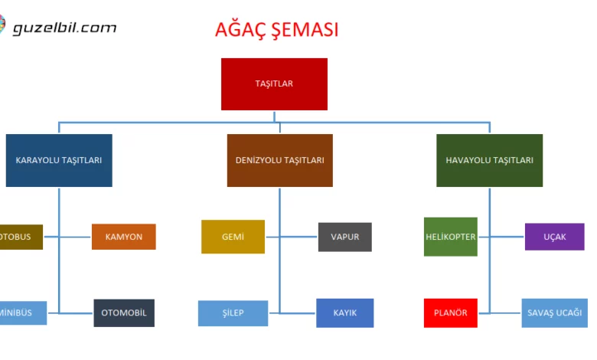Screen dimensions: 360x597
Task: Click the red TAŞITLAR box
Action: click(274, 84)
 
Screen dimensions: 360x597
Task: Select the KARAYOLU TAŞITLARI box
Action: click(59, 160)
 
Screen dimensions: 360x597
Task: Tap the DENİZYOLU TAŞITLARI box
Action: click(279, 160)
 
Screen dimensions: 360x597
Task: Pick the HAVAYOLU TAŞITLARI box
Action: click(489, 160)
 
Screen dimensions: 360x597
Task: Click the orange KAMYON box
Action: click(123, 237)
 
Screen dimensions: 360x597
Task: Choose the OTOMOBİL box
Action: click(124, 313)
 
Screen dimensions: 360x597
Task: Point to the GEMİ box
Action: click(233, 237)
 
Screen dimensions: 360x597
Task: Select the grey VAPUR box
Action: click(344, 237)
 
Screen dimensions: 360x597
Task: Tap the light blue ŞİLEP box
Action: click(233, 313)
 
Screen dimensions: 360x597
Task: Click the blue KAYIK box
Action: click(345, 313)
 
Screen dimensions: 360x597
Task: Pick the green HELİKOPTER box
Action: click(450, 237)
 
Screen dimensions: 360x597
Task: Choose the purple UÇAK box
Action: click(554, 237)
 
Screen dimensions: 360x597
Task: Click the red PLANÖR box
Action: click(450, 313)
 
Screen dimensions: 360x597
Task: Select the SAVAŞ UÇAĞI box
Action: click(554, 313)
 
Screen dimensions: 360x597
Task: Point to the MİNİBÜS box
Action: click(22, 313)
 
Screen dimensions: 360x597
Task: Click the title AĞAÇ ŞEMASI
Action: click(277, 30)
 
